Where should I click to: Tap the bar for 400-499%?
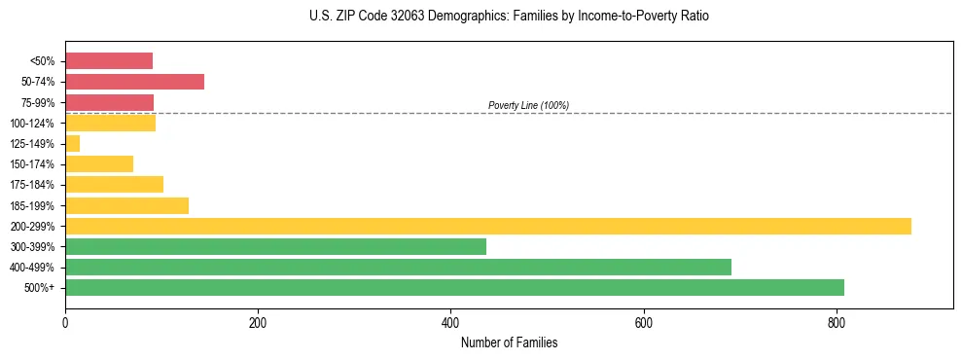(398, 267)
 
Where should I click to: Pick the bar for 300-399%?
(275, 246)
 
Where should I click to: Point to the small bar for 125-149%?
(73, 144)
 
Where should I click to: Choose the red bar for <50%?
(109, 61)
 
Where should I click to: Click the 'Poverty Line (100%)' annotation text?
(528, 105)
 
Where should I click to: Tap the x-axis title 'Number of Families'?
(509, 342)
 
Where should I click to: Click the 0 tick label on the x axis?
(65, 322)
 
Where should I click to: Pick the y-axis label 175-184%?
(32, 185)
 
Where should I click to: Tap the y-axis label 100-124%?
(32, 124)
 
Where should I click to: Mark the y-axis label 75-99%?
(35, 103)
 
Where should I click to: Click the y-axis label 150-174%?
(32, 164)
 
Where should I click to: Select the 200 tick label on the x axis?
(258, 322)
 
